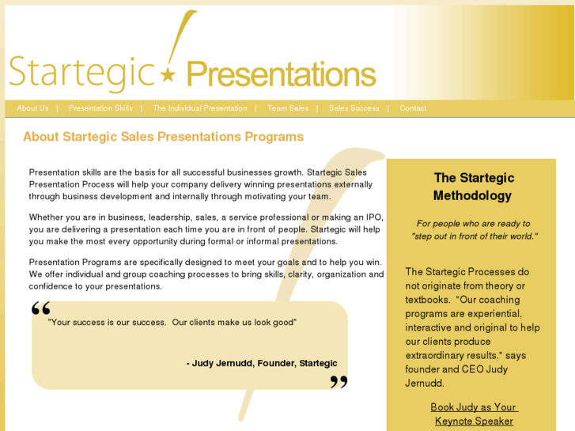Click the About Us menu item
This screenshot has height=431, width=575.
[x=32, y=108]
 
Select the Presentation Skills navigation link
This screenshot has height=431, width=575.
[x=100, y=108]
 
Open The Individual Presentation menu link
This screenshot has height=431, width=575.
[x=200, y=108]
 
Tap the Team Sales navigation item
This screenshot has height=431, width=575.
[x=288, y=108]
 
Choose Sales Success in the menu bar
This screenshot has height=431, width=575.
[x=354, y=108]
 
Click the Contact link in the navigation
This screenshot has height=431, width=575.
[x=413, y=108]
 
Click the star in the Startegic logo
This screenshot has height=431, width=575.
[x=168, y=75]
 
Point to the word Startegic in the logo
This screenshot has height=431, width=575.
[x=81, y=72]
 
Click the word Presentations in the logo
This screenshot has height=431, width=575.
[x=281, y=75]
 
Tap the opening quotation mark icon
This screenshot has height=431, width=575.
[x=41, y=308]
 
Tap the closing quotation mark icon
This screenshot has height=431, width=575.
[x=339, y=382]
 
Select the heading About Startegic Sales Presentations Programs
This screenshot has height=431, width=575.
[x=163, y=137]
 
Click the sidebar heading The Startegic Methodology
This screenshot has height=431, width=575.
[x=474, y=187]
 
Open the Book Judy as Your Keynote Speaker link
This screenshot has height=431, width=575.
[x=474, y=414]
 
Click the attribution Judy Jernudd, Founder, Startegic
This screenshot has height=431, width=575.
[x=262, y=364]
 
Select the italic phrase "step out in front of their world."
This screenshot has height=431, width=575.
[x=474, y=236]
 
